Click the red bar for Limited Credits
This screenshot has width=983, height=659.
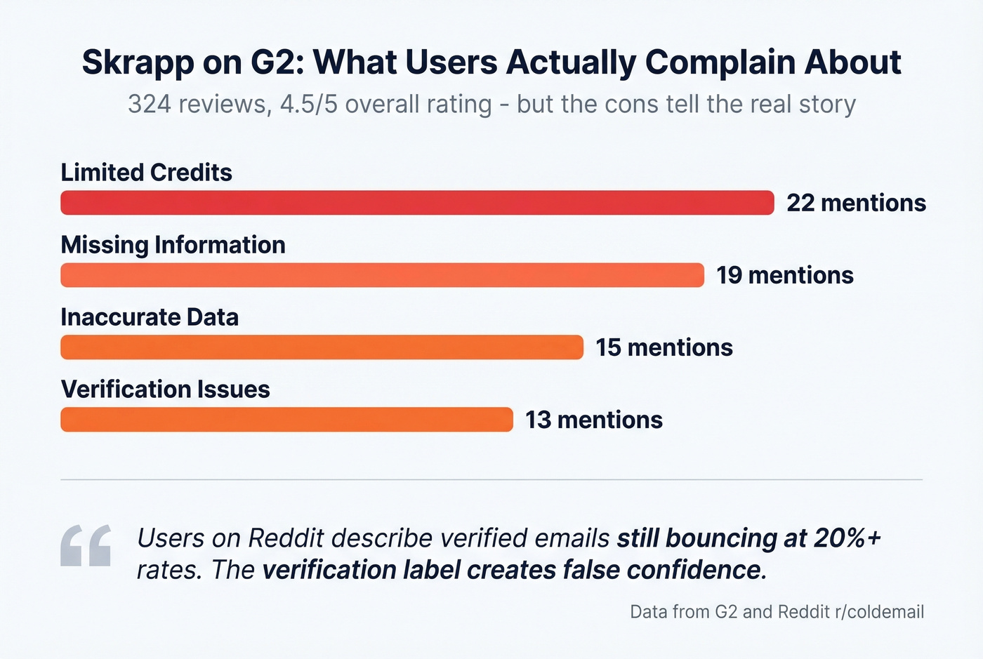click(417, 203)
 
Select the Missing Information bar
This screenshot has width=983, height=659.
click(382, 275)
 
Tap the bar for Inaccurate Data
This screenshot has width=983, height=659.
click(322, 347)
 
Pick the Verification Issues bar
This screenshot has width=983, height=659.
click(286, 420)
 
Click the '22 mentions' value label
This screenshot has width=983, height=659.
click(856, 203)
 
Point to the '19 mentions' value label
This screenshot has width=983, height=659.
click(784, 275)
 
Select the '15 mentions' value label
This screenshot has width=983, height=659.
click(664, 347)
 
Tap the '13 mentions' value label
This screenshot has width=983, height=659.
click(593, 420)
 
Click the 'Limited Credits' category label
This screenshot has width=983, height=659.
click(146, 173)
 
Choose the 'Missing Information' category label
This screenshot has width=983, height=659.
click(173, 245)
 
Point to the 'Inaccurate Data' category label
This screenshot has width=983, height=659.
click(150, 317)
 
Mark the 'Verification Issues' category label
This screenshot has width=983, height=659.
click(165, 390)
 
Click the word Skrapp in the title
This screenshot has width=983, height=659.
click(138, 63)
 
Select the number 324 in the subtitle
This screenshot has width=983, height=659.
click(149, 105)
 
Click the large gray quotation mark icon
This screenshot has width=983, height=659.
click(86, 545)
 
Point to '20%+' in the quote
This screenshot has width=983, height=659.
click(847, 538)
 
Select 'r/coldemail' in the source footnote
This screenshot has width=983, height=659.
click(879, 612)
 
